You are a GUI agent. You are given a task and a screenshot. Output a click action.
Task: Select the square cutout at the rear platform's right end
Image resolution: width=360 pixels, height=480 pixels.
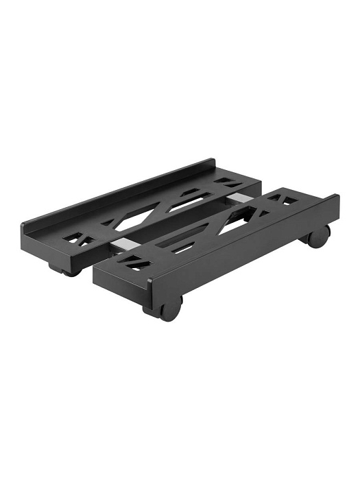(x=228, y=182)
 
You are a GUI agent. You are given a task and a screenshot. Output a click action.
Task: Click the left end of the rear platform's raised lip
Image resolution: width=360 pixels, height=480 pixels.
(x=25, y=227)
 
